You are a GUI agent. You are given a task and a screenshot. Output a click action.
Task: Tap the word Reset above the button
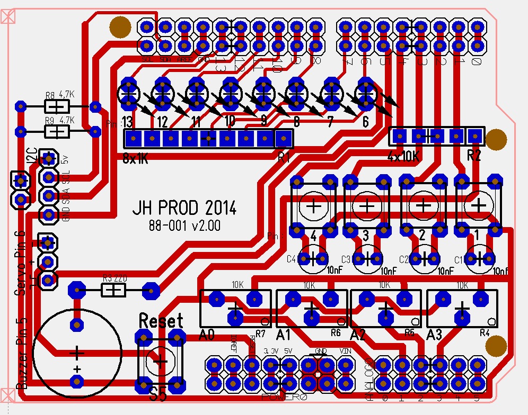tap(161, 320)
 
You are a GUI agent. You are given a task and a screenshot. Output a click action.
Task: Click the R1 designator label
tap(284, 156)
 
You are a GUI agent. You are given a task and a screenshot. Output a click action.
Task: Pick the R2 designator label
tap(474, 156)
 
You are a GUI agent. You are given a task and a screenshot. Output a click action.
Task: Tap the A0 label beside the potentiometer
tap(207, 335)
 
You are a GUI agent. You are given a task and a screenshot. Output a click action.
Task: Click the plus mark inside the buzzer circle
tap(77, 353)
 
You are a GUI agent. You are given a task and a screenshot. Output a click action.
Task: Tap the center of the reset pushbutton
tap(160, 360)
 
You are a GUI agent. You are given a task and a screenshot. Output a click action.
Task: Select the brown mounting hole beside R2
tap(496, 139)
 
